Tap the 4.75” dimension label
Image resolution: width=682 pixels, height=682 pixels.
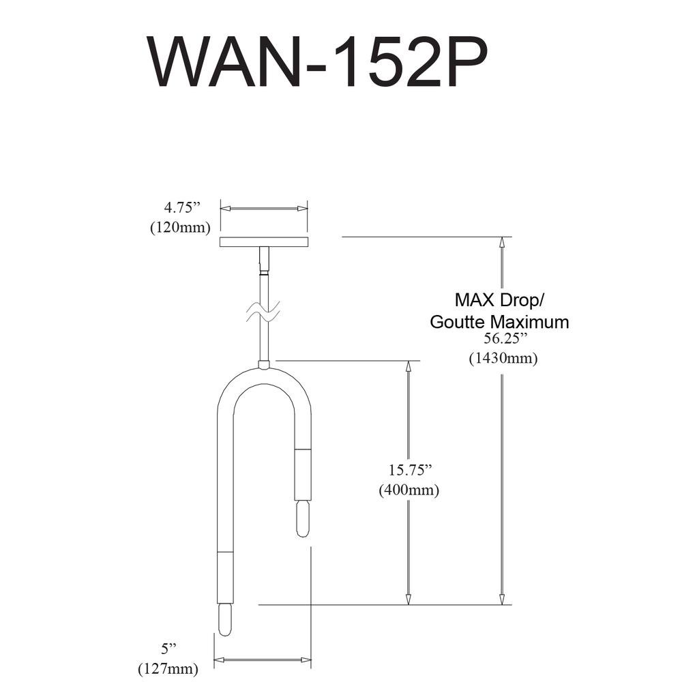point(181,208)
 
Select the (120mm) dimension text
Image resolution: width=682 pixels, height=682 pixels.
point(180,227)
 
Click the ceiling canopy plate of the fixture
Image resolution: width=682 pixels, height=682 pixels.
point(264,242)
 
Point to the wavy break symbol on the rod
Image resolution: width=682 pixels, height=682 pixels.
point(263,312)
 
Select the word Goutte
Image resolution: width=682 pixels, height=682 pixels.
point(458,322)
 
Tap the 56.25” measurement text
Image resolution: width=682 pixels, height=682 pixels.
point(502,339)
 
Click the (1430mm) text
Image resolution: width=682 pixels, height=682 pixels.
point(503,359)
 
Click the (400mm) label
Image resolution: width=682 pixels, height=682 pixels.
point(409,490)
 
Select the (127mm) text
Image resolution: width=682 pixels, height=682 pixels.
point(168,668)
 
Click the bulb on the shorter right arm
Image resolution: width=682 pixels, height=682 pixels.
point(303,519)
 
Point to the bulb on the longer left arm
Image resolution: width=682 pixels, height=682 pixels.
point(225,619)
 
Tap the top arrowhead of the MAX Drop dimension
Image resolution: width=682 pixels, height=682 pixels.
point(503,242)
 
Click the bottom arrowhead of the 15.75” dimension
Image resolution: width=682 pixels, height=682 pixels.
point(408,599)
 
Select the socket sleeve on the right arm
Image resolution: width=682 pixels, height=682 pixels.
point(303,475)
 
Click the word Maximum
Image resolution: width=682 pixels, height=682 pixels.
point(530,322)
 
